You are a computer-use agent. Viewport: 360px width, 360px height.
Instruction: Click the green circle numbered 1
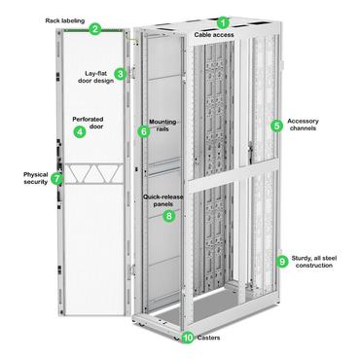[223, 22]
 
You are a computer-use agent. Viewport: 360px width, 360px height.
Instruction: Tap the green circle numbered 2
[95, 29]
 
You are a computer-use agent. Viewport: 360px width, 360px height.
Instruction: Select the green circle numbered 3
[120, 73]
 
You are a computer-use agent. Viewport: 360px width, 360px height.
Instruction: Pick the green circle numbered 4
[80, 131]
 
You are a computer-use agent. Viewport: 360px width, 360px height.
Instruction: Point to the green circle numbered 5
[277, 126]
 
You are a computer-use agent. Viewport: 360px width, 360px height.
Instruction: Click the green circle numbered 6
[144, 131]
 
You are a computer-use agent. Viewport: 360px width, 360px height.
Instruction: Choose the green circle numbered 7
[56, 179]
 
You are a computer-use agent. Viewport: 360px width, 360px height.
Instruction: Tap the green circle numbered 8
[169, 216]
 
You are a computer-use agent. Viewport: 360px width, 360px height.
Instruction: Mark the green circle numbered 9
[282, 261]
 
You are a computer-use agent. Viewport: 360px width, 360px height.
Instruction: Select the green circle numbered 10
[188, 339]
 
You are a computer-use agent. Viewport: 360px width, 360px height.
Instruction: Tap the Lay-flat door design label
[94, 77]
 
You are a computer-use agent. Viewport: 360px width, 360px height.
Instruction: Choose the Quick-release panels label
[164, 201]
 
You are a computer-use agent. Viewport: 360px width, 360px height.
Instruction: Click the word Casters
[208, 339]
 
